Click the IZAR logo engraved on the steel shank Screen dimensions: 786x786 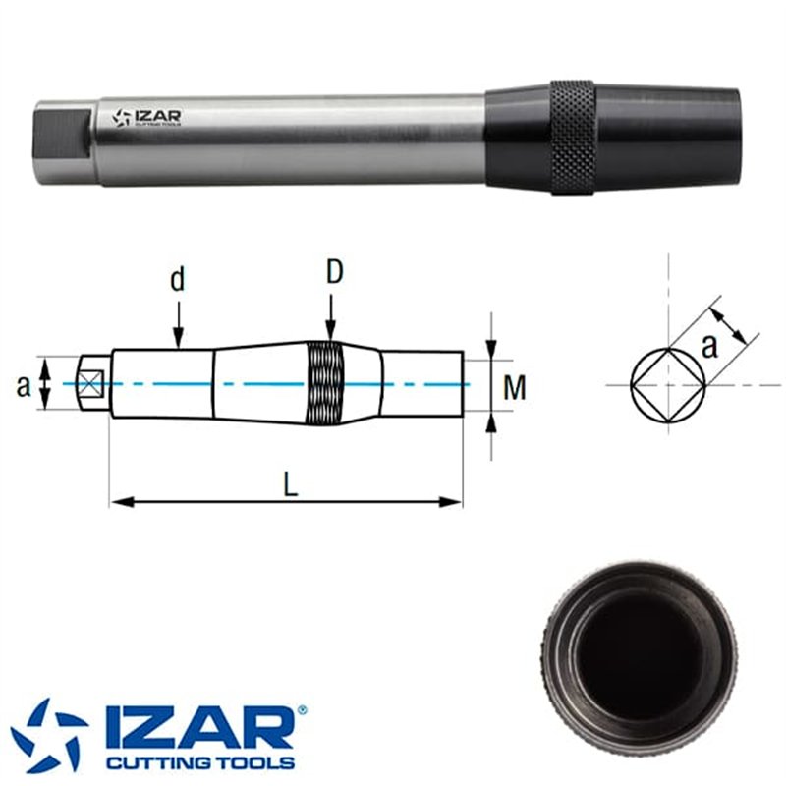(145, 118)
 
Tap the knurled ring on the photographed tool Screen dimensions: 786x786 (573, 137)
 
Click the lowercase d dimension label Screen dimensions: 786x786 (178, 279)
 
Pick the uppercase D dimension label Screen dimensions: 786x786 (334, 272)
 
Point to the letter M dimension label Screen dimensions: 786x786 (514, 387)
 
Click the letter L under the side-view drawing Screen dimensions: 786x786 (291, 484)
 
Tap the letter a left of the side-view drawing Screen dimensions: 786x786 (23, 387)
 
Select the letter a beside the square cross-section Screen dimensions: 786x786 (708, 347)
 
